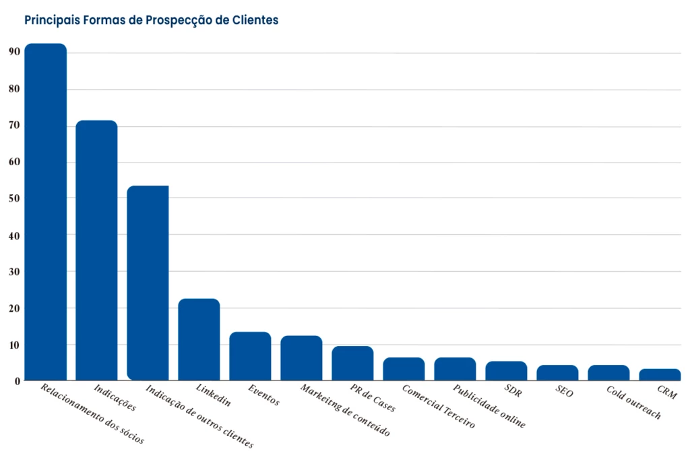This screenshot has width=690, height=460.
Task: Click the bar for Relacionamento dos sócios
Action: click(46, 212)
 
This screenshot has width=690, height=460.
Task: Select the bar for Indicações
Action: click(96, 250)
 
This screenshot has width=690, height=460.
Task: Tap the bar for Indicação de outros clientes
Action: click(148, 283)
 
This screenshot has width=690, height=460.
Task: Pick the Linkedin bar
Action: click(199, 339)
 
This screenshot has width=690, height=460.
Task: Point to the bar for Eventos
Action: click(250, 356)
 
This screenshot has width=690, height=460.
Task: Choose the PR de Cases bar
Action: click(352, 363)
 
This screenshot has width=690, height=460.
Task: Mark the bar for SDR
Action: click(506, 371)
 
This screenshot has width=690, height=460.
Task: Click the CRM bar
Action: click(660, 374)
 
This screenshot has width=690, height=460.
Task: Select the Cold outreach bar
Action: click(608, 372)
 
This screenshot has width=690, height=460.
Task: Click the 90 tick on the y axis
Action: click(14, 53)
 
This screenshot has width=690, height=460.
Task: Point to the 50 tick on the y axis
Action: click(14, 199)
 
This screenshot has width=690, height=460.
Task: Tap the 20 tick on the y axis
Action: click(14, 308)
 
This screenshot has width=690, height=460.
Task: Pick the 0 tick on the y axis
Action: click(17, 382)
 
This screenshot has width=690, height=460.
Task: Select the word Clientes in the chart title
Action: click(255, 20)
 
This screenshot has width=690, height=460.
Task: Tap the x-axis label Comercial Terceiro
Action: click(438, 407)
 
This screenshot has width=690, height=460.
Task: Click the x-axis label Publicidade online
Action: click(489, 407)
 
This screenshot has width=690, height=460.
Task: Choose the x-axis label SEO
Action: click(565, 391)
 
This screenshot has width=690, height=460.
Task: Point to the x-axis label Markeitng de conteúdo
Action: click(345, 411)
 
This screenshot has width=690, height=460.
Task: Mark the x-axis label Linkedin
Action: click(213, 395)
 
